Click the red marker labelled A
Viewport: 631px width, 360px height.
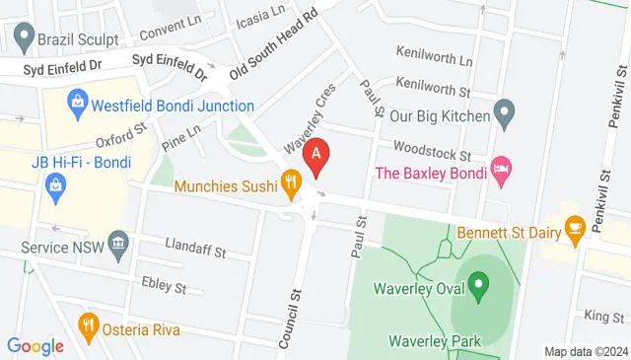(315, 156)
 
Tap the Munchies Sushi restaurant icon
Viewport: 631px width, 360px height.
(290, 181)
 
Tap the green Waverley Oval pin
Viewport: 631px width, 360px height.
(478, 288)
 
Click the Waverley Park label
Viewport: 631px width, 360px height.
(433, 341)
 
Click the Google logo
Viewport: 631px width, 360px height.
(35, 345)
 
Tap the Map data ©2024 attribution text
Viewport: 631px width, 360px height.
(586, 351)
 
